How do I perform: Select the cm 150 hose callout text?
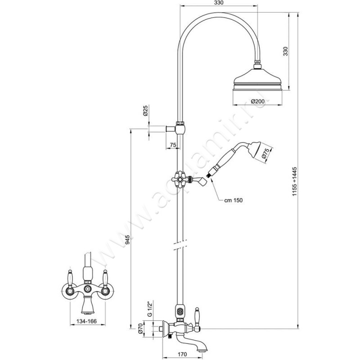pyautogui.click(x=234, y=201)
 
